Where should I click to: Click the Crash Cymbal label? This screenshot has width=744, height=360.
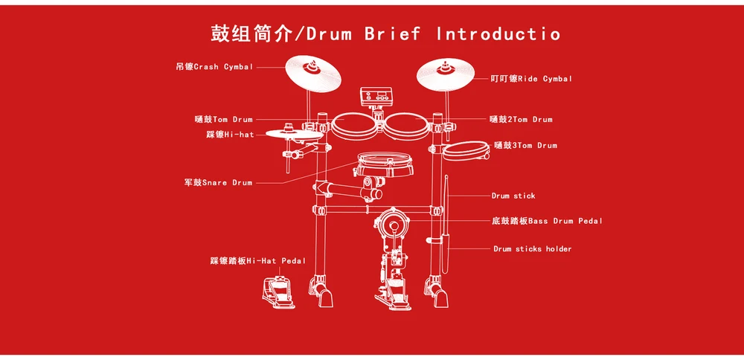pos(214,67)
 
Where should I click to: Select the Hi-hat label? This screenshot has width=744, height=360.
pos(230,135)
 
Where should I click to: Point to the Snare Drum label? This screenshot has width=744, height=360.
pos(218,182)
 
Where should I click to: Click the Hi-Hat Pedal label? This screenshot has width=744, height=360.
pos(257,261)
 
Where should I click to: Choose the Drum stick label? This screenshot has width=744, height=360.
pos(513,196)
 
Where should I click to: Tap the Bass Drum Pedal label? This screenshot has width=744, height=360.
pos(547,221)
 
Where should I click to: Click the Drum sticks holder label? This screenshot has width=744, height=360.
pos(532,249)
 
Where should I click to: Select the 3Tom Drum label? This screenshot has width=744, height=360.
pos(525,146)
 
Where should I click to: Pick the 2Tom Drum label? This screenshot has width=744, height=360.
pos(521,119)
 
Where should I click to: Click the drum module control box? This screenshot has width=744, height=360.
pos(375,97)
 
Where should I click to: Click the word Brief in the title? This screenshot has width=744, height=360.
pos(392,33)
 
